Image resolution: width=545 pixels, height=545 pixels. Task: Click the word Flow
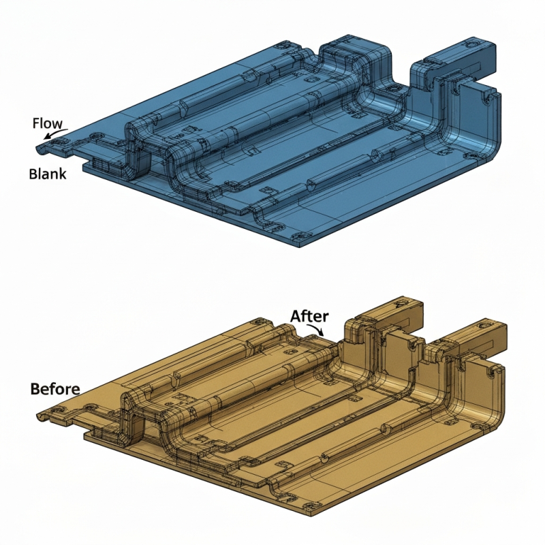[48, 123]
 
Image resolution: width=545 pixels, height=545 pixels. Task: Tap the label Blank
[48, 174]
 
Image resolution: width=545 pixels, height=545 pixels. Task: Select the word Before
[55, 389]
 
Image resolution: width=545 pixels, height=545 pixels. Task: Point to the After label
[310, 316]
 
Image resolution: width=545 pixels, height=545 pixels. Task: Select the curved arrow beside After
[317, 330]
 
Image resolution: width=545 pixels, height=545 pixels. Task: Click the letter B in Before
[35, 389]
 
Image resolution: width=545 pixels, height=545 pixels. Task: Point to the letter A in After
[296, 316]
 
